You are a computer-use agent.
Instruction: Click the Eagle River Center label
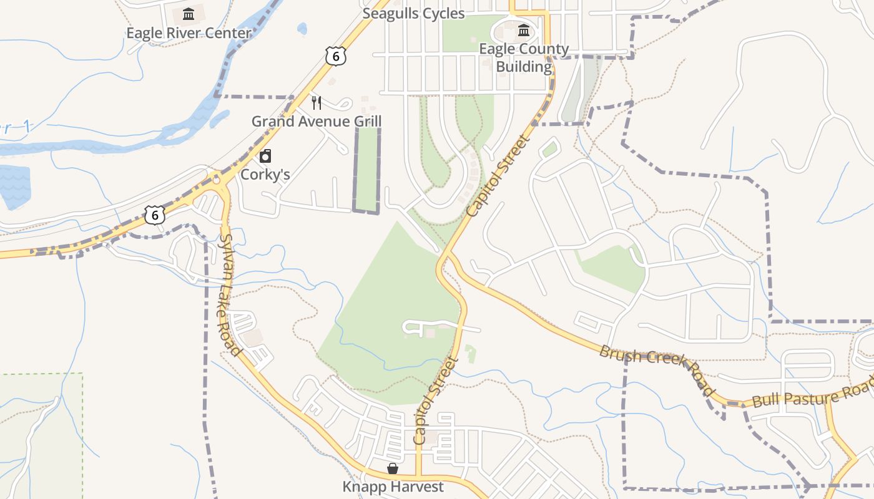(x=189, y=33)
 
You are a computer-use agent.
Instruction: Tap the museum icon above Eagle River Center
(x=189, y=14)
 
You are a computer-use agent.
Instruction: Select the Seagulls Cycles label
(x=413, y=14)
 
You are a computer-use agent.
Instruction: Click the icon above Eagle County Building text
(x=524, y=30)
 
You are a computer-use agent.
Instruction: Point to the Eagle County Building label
(x=524, y=57)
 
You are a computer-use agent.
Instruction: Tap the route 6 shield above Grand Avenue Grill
(x=335, y=57)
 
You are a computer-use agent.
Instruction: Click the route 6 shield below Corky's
(x=155, y=215)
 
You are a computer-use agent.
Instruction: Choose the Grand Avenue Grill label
(x=316, y=121)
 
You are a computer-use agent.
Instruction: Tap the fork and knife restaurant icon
(x=317, y=103)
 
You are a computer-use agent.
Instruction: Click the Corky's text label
(x=265, y=174)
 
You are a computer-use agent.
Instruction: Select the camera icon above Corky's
(x=265, y=156)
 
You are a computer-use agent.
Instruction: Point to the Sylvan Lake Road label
(x=229, y=294)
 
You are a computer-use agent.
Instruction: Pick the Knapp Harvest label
(x=393, y=487)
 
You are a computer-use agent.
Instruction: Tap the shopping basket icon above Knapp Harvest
(x=393, y=468)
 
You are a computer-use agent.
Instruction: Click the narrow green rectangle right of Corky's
(x=367, y=168)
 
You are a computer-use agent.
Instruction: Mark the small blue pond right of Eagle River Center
(x=302, y=29)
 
